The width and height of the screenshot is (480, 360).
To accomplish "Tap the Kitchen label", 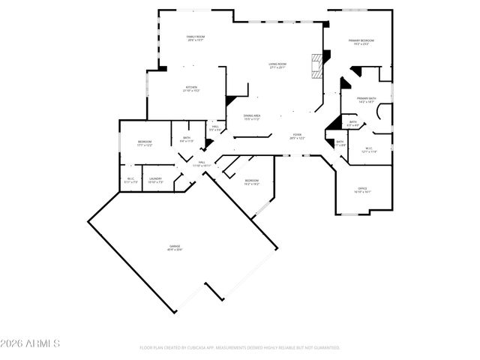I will click(x=190, y=90).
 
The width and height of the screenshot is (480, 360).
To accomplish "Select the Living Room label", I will click(x=279, y=66).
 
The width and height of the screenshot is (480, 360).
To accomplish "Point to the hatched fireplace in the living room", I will click(x=316, y=65).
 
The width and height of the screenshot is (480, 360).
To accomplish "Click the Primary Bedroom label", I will click(x=361, y=42).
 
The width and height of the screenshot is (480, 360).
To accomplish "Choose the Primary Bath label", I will click(x=367, y=100).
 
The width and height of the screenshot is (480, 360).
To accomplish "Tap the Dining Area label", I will click(x=253, y=118).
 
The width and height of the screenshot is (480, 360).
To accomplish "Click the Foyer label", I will click(x=297, y=136).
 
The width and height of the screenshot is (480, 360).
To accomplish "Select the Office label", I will click(x=362, y=190).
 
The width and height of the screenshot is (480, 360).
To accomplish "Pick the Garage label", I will click(x=175, y=247).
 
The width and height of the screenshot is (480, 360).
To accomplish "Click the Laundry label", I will click(x=155, y=180).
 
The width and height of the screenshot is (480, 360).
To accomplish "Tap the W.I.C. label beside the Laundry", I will click(x=130, y=180).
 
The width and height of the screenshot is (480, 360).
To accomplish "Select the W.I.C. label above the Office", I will click(x=369, y=150).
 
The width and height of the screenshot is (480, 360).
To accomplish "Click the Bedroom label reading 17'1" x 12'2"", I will click(x=145, y=143).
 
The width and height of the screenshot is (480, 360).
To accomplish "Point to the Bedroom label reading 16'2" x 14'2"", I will click(x=252, y=181).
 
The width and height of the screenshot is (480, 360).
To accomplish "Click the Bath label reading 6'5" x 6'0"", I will click(x=352, y=124).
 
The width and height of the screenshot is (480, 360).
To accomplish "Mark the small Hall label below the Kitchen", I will click(x=215, y=128).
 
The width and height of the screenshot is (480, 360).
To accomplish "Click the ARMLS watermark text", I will click(x=30, y=344).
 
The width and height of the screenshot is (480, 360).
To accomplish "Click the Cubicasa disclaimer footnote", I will click(x=240, y=348).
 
